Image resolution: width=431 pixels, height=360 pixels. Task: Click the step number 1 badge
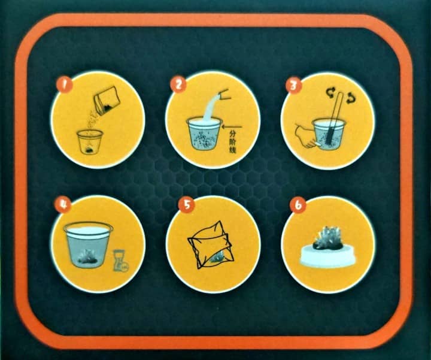(x=64, y=84)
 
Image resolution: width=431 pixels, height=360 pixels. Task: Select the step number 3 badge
(x=294, y=86)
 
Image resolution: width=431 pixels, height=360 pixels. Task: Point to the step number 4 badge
(x=63, y=204)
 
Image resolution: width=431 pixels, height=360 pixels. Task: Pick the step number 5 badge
(x=187, y=204)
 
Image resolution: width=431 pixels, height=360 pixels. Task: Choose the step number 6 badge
(x=299, y=205)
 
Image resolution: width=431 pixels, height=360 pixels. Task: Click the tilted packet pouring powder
(x=107, y=101)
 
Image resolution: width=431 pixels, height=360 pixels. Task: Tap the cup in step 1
(x=90, y=141)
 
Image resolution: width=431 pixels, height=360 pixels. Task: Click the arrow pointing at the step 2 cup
(x=232, y=127)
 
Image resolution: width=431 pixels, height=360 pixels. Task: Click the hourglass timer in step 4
(x=120, y=261)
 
